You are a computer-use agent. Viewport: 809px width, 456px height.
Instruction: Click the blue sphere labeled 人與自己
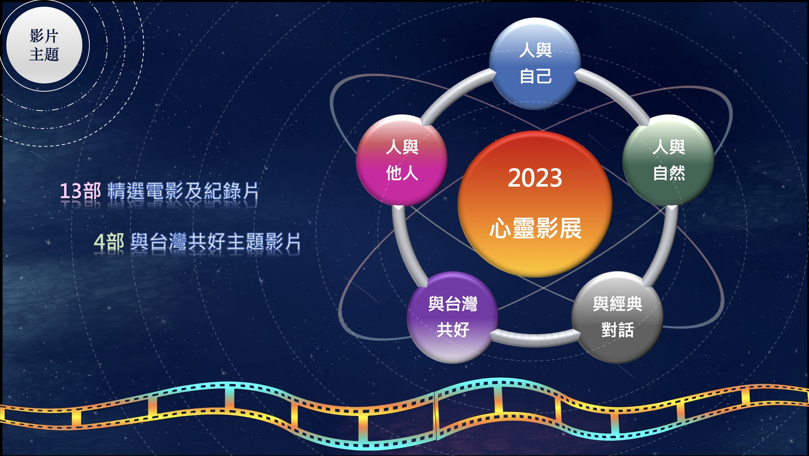pyautogui.click(x=535, y=63)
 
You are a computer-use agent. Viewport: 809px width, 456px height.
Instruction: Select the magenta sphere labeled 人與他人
pyautogui.click(x=402, y=160)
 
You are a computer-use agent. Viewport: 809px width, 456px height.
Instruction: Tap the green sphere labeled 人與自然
pyautogui.click(x=668, y=160)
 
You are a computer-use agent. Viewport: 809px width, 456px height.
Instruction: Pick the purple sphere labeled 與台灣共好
pyautogui.click(x=453, y=317)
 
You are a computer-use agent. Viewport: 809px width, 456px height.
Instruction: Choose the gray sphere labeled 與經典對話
pyautogui.click(x=617, y=317)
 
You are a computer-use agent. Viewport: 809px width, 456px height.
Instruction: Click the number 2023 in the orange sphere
pyautogui.click(x=535, y=178)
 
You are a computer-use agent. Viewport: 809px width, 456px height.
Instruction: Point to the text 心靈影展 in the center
pyautogui.click(x=535, y=228)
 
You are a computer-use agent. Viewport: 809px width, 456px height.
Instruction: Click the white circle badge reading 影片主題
pyautogui.click(x=44, y=45)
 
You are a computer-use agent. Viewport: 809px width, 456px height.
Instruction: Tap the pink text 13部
pyautogui.click(x=81, y=191)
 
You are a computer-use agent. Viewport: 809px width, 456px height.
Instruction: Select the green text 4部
pyautogui.click(x=109, y=241)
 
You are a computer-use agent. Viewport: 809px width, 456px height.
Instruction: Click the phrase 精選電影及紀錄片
pyautogui.click(x=183, y=191)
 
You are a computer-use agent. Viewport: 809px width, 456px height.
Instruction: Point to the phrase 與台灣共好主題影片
pyautogui.click(x=216, y=241)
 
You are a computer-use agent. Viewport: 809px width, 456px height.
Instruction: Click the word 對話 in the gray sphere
pyautogui.click(x=617, y=330)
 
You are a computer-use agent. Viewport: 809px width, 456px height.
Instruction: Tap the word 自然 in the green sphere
pyautogui.click(x=669, y=173)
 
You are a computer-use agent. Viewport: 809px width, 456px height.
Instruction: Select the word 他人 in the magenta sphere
pyautogui.click(x=402, y=173)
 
